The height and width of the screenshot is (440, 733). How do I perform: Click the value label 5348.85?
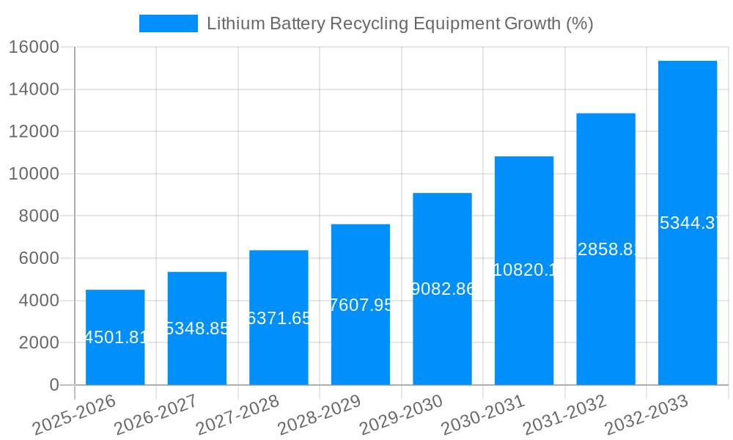[x=197, y=329]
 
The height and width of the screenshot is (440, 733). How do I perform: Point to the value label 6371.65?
[x=279, y=318]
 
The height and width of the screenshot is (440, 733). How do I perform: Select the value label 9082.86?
[x=443, y=289]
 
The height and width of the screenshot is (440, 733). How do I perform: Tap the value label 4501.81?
[x=116, y=338]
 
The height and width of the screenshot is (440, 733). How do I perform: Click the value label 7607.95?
[x=361, y=305]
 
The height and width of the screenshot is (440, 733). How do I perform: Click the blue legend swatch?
[x=169, y=23]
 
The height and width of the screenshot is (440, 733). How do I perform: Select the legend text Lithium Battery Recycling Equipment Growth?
[x=399, y=23]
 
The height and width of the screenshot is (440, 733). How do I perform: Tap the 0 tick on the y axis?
[x=54, y=385]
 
